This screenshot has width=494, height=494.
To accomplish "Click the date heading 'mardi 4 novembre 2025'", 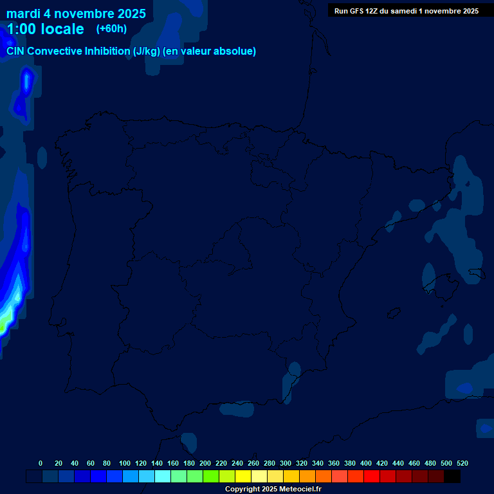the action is pos(76,14).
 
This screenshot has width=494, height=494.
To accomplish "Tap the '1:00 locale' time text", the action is pos(45,29).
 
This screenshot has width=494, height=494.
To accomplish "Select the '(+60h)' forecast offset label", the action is pos(111,29).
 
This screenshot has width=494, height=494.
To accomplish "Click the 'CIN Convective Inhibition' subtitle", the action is pos(131,51).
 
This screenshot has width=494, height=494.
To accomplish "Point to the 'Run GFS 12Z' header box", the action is pos(406,11).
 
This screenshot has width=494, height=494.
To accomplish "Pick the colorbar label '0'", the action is pos(41,463).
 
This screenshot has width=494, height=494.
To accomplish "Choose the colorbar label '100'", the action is pos(125,463).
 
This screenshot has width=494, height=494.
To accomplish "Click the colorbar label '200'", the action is pos(205,463).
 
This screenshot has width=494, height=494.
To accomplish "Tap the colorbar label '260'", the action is pos(253,463).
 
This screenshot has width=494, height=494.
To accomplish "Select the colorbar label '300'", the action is pos(286,463).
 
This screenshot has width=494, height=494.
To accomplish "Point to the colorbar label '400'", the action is pos(366,463).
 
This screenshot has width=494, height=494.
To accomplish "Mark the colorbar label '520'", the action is pos(462,463).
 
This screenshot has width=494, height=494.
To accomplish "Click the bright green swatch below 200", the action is pos(211,477).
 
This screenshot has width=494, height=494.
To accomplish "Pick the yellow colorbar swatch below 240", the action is pos(243,477).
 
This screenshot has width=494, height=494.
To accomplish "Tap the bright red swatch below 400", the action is pos(372,477).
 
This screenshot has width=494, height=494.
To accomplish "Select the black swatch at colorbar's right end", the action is pos(452,477).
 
